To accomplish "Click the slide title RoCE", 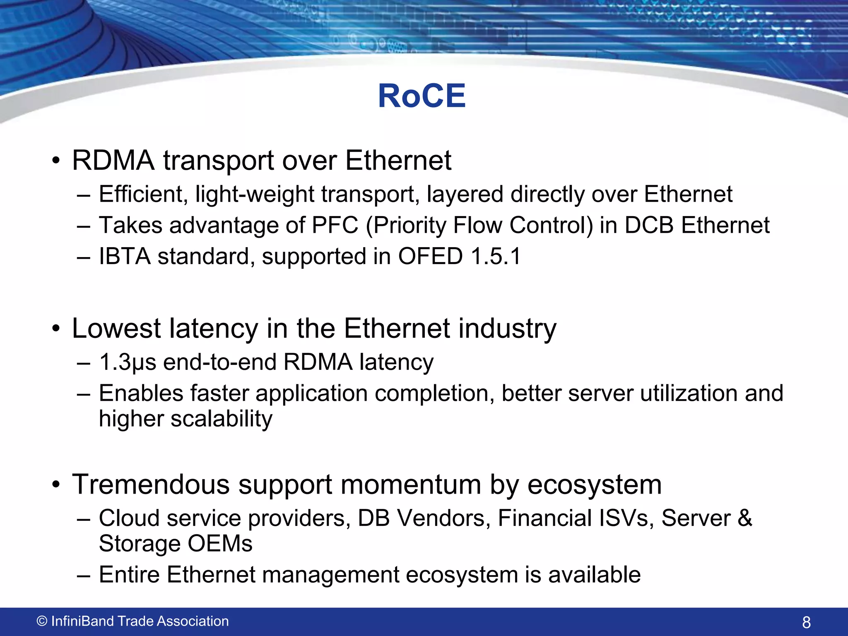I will click(422, 96).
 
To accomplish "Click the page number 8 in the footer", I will click(806, 622).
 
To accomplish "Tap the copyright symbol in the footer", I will click(42, 621).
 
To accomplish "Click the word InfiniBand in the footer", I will click(83, 621).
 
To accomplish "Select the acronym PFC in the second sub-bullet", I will click(335, 225).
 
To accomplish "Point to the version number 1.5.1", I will click(496, 256).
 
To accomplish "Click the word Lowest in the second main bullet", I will click(116, 328).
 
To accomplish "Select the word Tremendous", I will click(151, 484).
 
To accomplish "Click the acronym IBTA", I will click(124, 256).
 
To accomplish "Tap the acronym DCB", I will click(649, 225).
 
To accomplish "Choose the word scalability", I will click(222, 419).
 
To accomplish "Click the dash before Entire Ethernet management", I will click(83, 576).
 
